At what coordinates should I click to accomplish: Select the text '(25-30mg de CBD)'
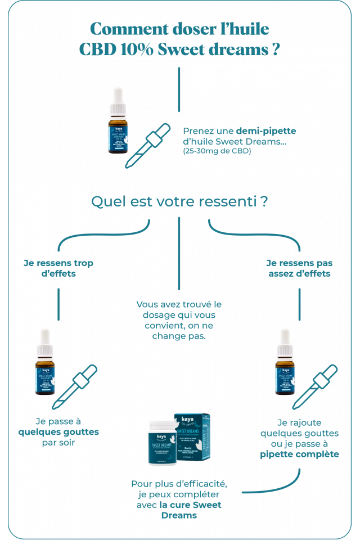pyautogui.click(x=217, y=151)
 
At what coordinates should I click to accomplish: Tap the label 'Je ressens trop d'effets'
pyautogui.click(x=58, y=268)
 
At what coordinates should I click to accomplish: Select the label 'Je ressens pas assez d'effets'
pyautogui.click(x=299, y=268)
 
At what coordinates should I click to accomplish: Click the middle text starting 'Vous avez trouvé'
pyautogui.click(x=179, y=319)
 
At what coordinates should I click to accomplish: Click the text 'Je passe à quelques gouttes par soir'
pyautogui.click(x=58, y=432)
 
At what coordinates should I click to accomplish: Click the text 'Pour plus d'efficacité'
pyautogui.click(x=179, y=483)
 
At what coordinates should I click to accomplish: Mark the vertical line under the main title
pyautogui.click(x=179, y=90)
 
